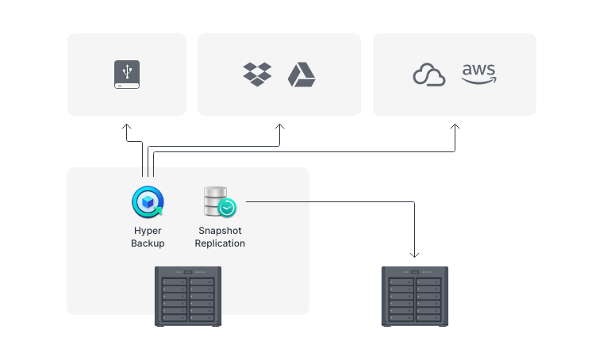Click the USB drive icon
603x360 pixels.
point(127,75)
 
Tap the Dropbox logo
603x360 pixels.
point(257,75)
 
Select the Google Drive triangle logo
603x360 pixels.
point(301,75)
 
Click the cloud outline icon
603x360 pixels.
point(429,75)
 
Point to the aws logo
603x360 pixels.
point(478,74)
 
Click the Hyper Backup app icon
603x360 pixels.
point(148,202)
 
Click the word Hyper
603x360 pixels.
point(148,231)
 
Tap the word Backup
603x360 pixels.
point(148,243)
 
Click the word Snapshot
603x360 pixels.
point(220,231)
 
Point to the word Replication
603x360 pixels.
point(220,243)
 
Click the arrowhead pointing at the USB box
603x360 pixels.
point(127,126)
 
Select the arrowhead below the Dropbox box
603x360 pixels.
point(279,126)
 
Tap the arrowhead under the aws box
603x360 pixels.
point(455,126)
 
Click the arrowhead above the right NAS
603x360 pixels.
point(414,255)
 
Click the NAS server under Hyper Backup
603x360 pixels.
point(188,296)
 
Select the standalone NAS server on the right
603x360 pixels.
point(415,296)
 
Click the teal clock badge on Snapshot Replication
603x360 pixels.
point(227,209)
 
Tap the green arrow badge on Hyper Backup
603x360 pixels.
point(157,211)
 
